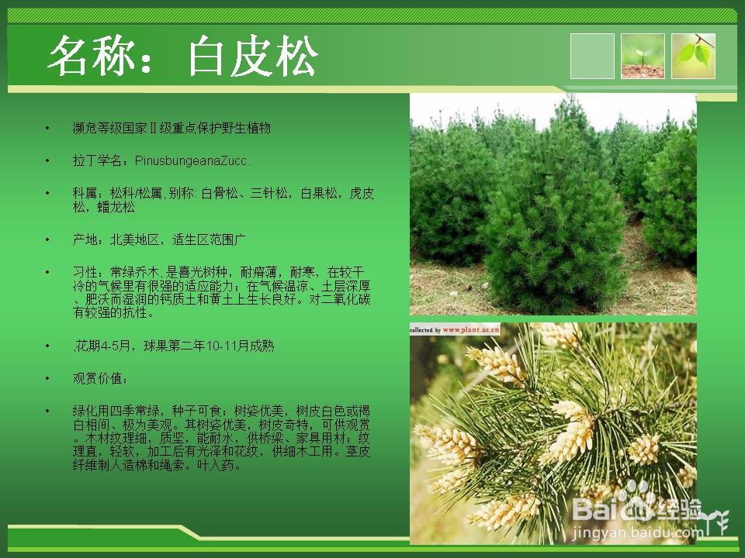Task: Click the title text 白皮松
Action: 252,56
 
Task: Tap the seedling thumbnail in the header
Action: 643,56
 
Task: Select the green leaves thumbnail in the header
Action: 693,56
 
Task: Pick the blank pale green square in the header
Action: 592,56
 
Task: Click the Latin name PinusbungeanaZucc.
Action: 192,161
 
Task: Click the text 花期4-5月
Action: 102,346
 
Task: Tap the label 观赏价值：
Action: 100,379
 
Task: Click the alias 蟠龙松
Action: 116,208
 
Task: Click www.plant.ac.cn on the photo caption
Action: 471,329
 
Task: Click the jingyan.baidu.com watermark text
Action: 636,533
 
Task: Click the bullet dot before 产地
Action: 47,239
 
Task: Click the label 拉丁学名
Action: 97,161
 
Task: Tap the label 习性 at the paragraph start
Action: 85,272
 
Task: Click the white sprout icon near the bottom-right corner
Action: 717,522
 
